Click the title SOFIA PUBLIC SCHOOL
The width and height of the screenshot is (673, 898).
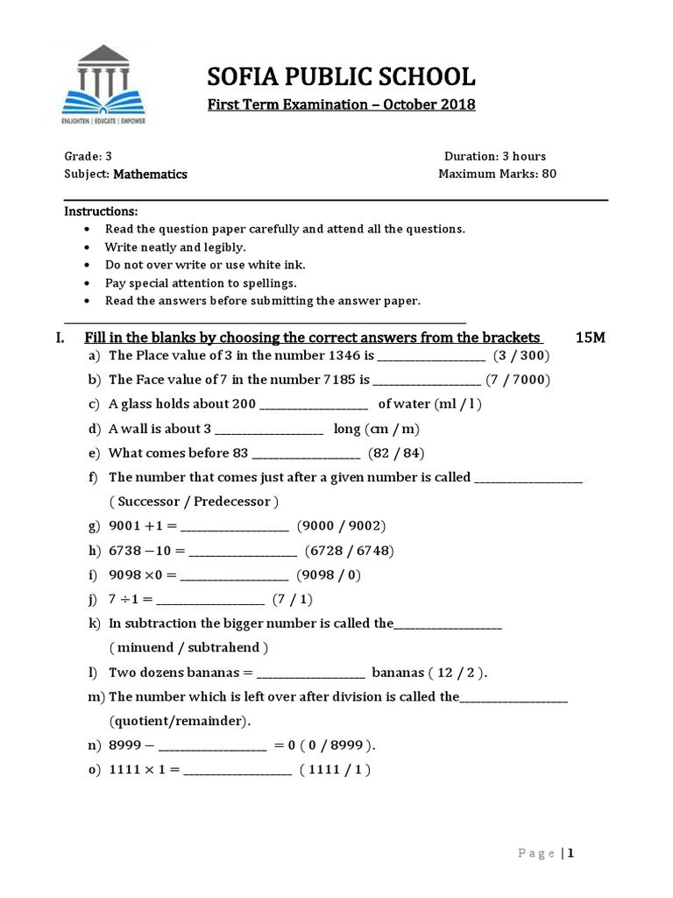[x=341, y=77]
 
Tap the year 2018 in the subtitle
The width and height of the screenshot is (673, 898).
[x=457, y=105]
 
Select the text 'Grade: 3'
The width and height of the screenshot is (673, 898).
[x=89, y=156]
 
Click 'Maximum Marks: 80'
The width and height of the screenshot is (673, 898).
[x=498, y=174]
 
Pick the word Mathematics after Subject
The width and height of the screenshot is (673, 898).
[x=150, y=174]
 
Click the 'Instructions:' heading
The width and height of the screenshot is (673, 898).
[x=101, y=212]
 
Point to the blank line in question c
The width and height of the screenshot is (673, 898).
[x=314, y=405]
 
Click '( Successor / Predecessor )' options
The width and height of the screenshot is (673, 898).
[x=195, y=502]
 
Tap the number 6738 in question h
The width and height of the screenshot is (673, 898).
[x=125, y=551]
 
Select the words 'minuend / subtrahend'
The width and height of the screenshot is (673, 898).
[x=189, y=647]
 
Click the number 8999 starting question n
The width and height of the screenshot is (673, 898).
[x=125, y=745]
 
